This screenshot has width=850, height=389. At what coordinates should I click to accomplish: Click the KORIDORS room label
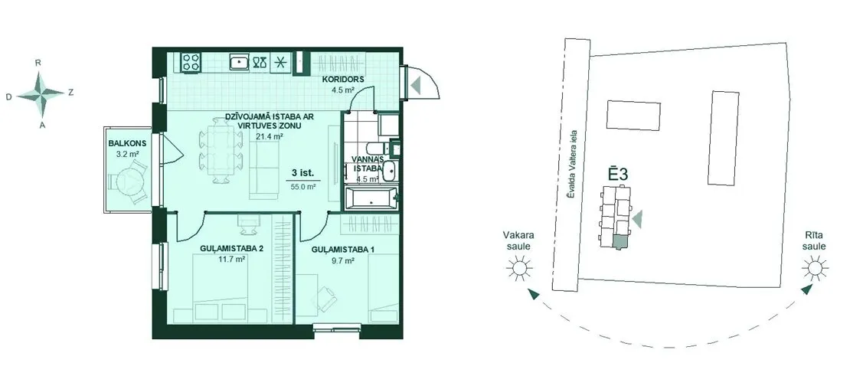pos(343,80)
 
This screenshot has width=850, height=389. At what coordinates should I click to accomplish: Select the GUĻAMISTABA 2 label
pos(224,249)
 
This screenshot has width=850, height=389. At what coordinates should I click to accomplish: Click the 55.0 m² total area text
pos(302,187)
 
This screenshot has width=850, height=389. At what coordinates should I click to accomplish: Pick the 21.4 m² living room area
pos(270,136)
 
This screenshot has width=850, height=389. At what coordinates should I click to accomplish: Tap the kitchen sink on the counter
pos(239,62)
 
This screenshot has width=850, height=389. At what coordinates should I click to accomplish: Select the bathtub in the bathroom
pos(371,198)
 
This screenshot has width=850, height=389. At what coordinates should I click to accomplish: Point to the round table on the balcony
pos(129,182)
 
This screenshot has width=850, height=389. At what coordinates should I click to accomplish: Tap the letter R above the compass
pos(38,63)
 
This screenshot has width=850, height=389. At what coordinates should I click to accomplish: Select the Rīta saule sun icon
pos(815,268)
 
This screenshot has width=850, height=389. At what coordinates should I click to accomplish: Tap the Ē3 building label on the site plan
pos(617,175)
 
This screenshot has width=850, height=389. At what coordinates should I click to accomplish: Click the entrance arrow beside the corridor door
pos(416,85)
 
